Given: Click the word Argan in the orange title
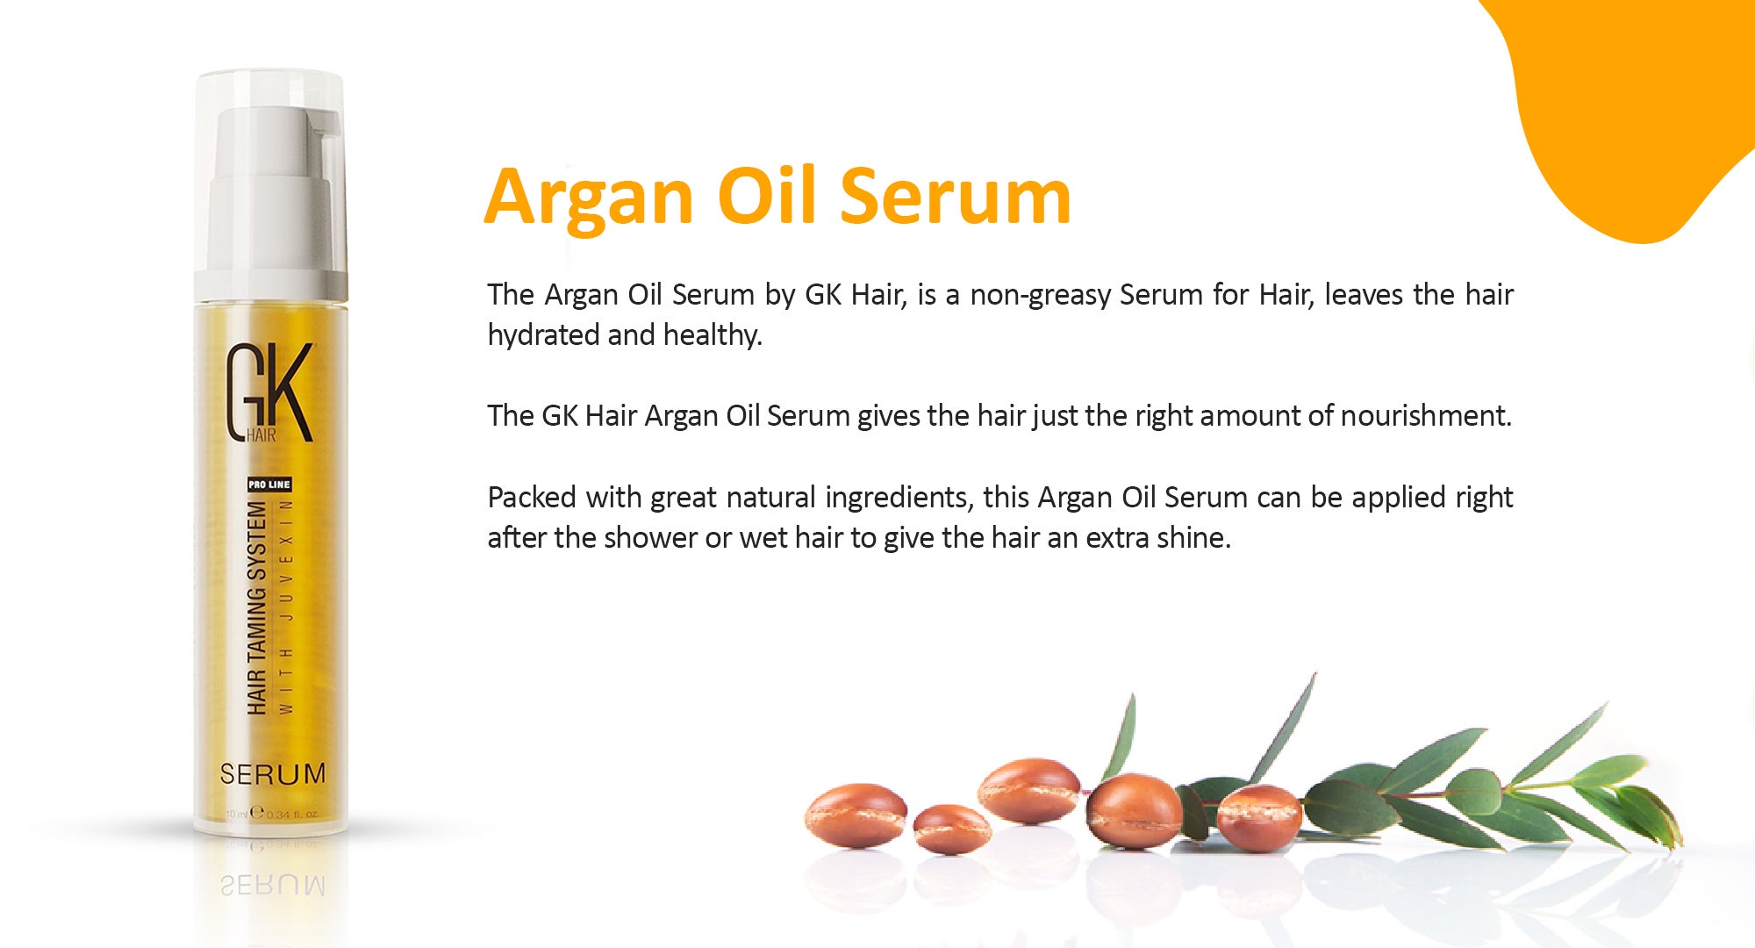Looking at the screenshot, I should [588, 197].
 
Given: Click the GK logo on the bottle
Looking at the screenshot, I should [269, 393].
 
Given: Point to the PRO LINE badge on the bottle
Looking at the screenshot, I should [269, 485].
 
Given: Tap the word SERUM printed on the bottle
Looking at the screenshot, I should [272, 774].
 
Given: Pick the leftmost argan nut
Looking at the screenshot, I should [855, 815].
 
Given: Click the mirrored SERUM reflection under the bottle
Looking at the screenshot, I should [272, 885].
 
